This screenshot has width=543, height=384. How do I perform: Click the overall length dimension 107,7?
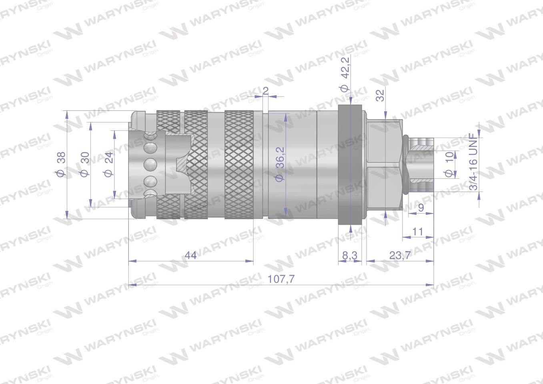pyautogui.click(x=281, y=279)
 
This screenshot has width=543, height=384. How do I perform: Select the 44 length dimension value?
pyautogui.click(x=190, y=255)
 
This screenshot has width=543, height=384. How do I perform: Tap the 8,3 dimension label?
pyautogui.click(x=350, y=255)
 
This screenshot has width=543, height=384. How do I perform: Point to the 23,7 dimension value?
pyautogui.click(x=400, y=255)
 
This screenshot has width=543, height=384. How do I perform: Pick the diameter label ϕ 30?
pyautogui.click(x=84, y=164)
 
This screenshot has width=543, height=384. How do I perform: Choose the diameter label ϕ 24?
pyautogui.click(x=108, y=164)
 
